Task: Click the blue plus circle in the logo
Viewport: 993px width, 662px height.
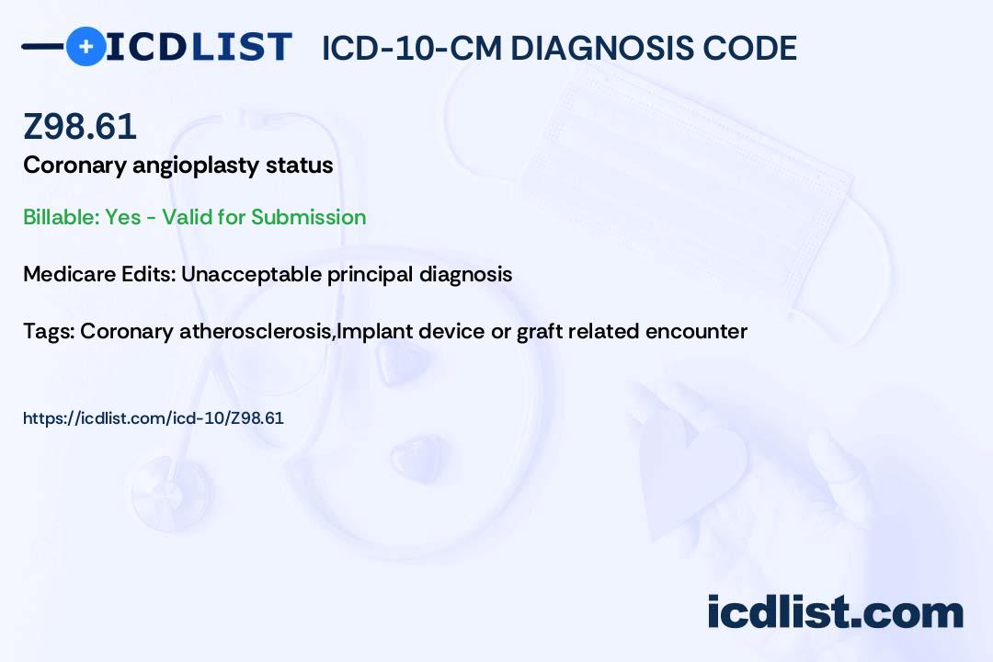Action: click(x=86, y=47)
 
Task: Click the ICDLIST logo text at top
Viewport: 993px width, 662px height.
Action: click(x=199, y=47)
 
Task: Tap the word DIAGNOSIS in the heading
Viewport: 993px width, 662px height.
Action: click(x=601, y=48)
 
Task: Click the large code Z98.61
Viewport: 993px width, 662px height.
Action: click(x=80, y=126)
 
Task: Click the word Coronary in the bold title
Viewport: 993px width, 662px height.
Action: click(x=74, y=165)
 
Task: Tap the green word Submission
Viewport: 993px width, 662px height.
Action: click(x=308, y=217)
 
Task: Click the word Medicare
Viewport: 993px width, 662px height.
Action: click(x=69, y=274)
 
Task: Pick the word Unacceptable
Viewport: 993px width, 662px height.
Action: click(x=251, y=274)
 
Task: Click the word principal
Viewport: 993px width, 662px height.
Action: click(x=370, y=275)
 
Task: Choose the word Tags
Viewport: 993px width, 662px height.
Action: click(x=50, y=331)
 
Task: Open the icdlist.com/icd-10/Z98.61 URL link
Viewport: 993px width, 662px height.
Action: click(x=154, y=418)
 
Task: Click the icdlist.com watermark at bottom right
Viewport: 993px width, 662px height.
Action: click(x=835, y=612)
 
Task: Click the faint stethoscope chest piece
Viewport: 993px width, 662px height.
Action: click(x=171, y=492)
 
